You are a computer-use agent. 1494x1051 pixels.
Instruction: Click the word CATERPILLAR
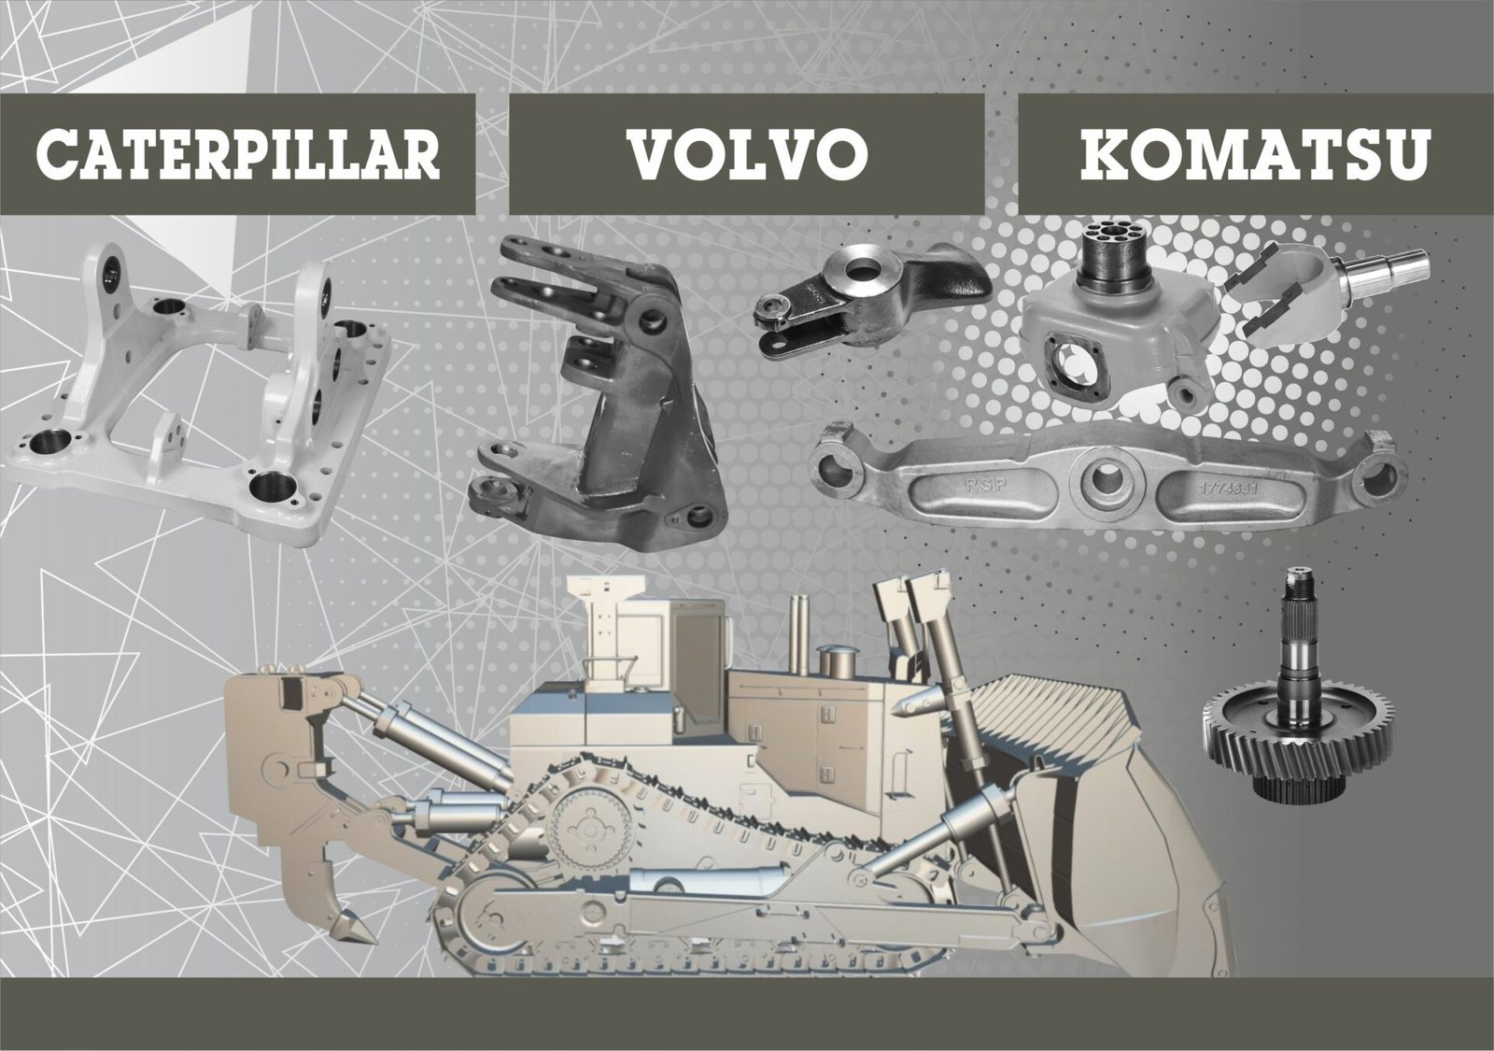238,154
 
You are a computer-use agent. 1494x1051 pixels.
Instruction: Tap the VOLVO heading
747,154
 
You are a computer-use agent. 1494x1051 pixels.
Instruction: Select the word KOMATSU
1255,154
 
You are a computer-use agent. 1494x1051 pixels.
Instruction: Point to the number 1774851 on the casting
1229,489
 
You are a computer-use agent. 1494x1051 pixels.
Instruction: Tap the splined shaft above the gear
1295,641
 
